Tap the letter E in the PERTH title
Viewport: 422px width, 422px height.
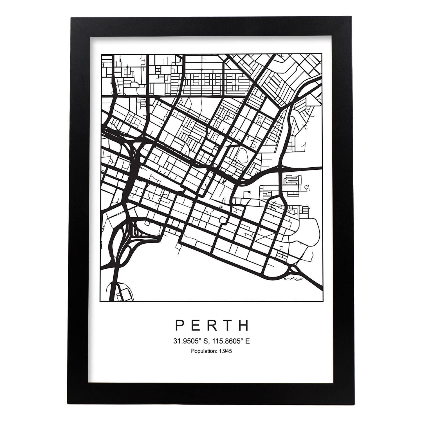point(196,325)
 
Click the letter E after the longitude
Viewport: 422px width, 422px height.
point(240,341)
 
